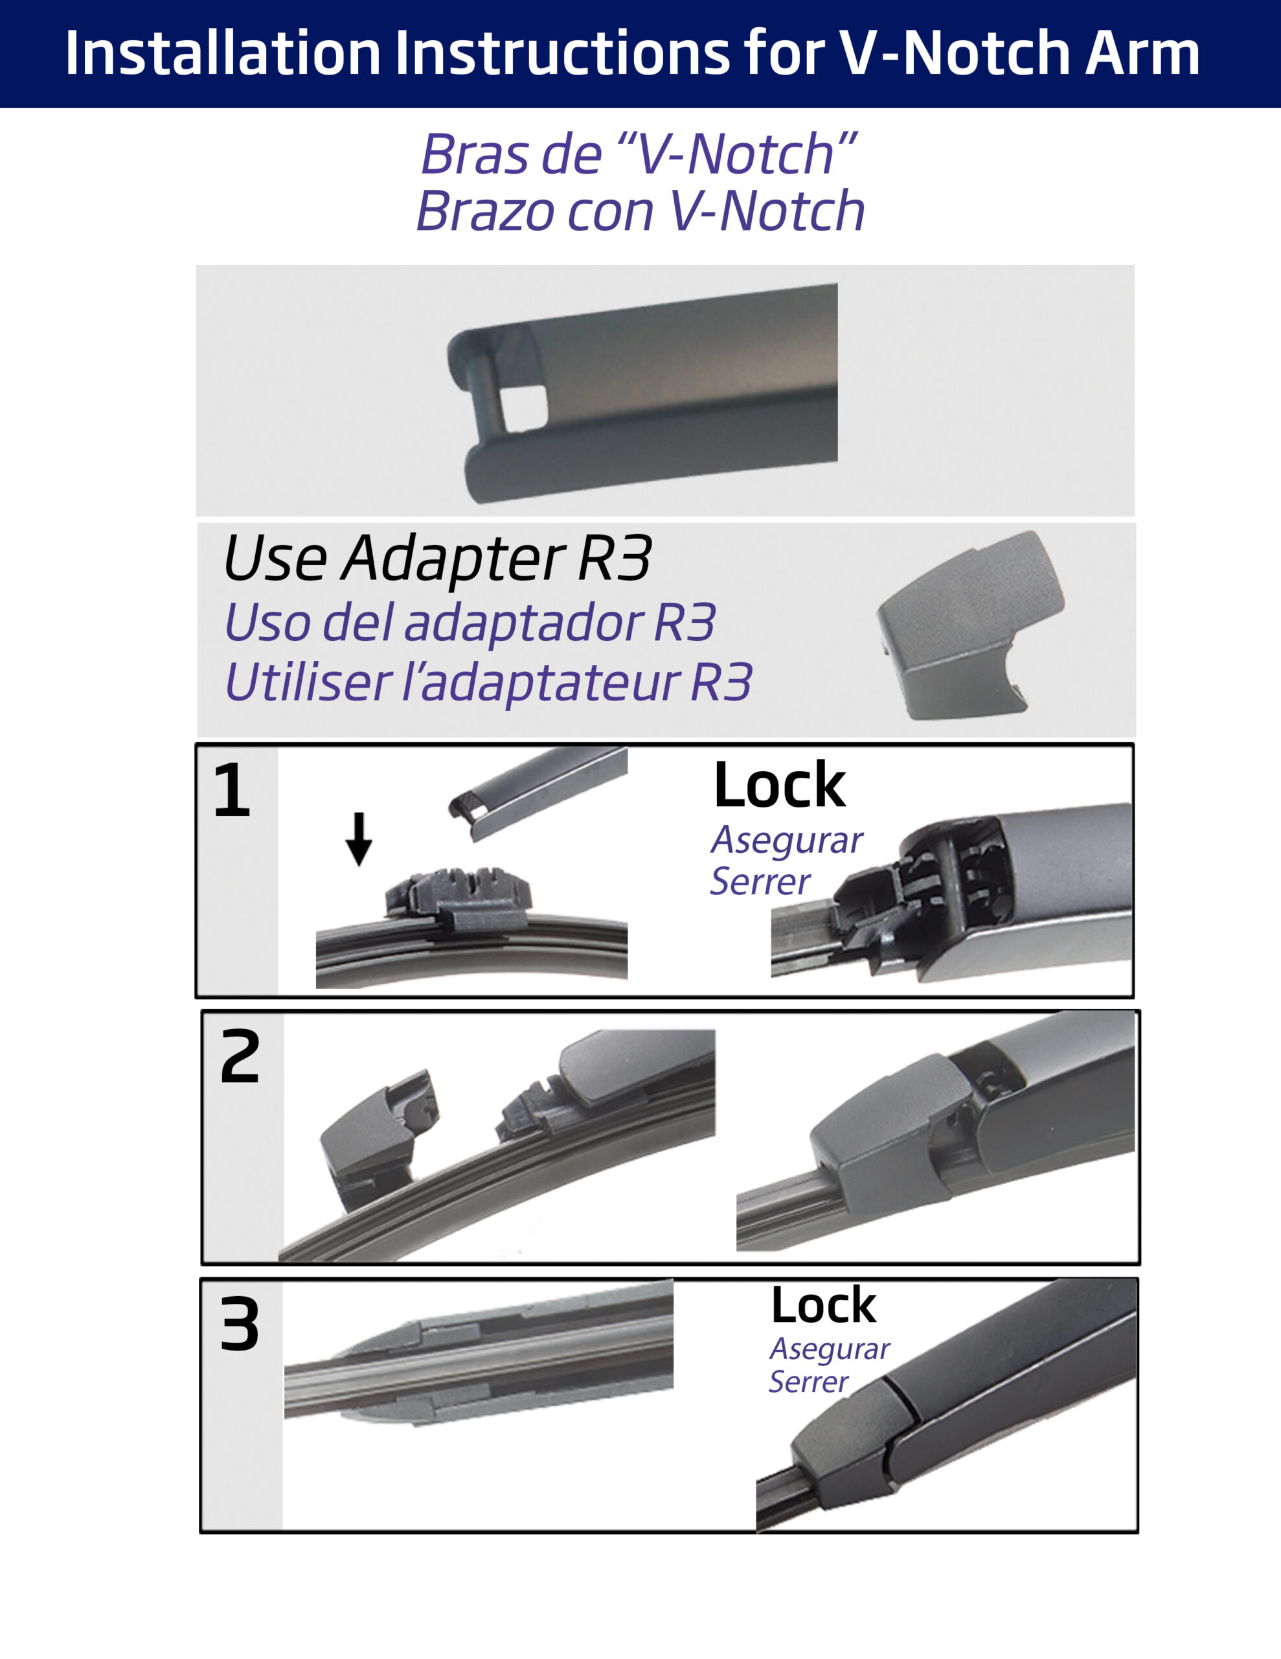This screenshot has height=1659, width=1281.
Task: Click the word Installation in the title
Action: [223, 52]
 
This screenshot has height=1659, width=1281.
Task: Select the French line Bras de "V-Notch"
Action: [639, 154]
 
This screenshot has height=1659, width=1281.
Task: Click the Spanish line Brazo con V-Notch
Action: [640, 211]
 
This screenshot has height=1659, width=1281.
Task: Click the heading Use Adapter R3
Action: [437, 559]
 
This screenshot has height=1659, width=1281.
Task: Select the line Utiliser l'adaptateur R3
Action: [488, 681]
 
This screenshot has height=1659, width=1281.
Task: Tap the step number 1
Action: [232, 791]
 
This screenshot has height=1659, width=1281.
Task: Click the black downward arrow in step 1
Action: [359, 839]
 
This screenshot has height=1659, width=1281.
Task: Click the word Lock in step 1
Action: [779, 785]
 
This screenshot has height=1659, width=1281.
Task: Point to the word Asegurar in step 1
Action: [787, 840]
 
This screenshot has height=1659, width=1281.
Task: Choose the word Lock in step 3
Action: [823, 1306]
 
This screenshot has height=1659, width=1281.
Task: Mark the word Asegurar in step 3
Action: [829, 1349]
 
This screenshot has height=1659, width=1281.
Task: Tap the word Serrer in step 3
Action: [809, 1382]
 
